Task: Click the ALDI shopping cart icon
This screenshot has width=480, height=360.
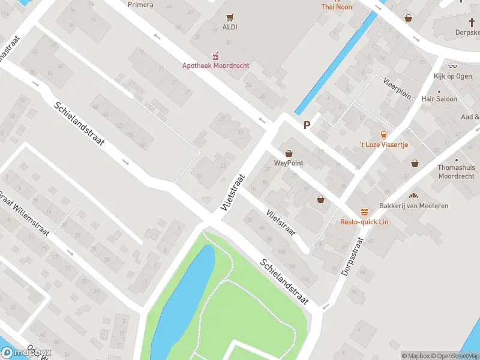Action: pos(229,17)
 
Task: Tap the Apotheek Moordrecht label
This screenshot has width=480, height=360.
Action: pos(216,65)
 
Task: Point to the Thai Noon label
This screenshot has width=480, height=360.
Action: pos(337,7)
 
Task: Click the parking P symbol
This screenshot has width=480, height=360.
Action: pos(307,125)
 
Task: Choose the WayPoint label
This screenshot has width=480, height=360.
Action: pos(289,163)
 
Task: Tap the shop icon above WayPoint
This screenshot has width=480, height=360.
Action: pos(289,154)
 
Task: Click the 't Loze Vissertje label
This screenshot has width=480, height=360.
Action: pos(383,145)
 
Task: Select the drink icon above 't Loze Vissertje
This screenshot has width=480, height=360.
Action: pos(383,134)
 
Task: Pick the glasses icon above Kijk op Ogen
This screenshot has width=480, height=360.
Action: pos(452,66)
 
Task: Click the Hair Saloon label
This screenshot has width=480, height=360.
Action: pos(439,99)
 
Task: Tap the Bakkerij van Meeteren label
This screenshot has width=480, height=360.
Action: pos(413,206)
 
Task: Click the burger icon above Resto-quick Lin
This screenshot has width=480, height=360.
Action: pos(364,212)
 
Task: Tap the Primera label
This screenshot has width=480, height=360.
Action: pos(140,5)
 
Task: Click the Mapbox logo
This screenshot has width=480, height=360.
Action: pos(26,353)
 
